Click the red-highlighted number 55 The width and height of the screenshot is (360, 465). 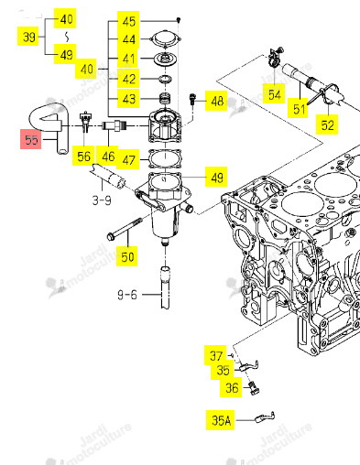pyautogui.click(x=31, y=139)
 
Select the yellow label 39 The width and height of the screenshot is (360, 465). pyautogui.click(x=28, y=37)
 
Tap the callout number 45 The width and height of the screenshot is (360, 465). pyautogui.click(x=128, y=21)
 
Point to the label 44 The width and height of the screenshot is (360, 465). pyautogui.click(x=128, y=39)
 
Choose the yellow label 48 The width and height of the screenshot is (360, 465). pyautogui.click(x=216, y=101)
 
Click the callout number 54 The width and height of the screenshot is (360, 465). pyautogui.click(x=274, y=94)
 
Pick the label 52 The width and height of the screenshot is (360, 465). pyautogui.click(x=327, y=124)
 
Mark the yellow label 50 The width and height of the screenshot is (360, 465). pyautogui.click(x=127, y=256)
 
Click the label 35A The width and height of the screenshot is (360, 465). pyautogui.click(x=221, y=420)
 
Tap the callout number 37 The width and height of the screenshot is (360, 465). pyautogui.click(x=215, y=355)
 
